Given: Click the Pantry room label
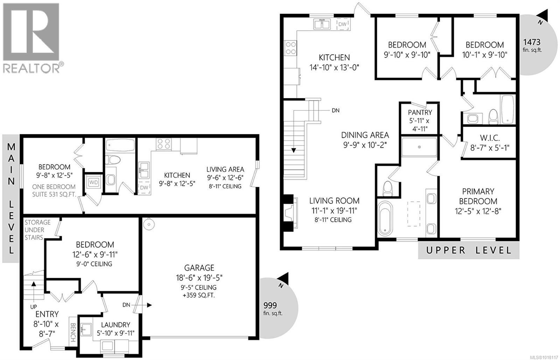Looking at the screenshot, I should (420, 112).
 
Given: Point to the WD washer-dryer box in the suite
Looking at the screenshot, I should (93, 182).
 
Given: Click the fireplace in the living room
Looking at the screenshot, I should (290, 212).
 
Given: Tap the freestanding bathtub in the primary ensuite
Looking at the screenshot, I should (385, 217).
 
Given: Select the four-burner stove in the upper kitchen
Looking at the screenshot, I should (291, 48).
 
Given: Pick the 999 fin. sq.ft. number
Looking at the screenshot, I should (270, 305).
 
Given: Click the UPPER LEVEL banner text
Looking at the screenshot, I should (468, 250).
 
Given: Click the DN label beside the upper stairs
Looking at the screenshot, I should (335, 111).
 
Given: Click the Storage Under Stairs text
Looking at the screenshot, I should (37, 230).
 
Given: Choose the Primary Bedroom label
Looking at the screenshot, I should (478, 196).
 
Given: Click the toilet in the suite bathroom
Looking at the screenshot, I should (113, 160).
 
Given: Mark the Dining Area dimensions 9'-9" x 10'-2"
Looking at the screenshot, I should (365, 144).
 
